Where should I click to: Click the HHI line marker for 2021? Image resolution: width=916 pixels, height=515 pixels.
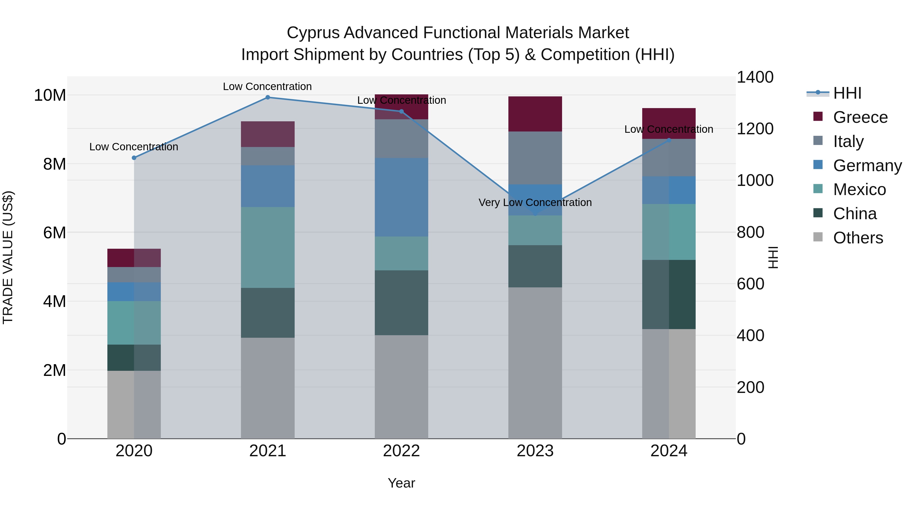pyautogui.click(x=268, y=97)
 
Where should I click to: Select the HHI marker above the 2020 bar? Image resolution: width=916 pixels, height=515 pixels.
pyautogui.click(x=134, y=158)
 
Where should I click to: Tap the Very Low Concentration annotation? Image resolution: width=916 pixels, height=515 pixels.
pyautogui.click(x=535, y=203)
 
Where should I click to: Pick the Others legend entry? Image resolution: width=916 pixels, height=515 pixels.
pyautogui.click(x=858, y=238)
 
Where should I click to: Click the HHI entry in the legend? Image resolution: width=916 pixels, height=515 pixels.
pyautogui.click(x=847, y=93)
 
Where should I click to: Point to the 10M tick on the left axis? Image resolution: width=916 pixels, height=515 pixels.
pyautogui.click(x=50, y=95)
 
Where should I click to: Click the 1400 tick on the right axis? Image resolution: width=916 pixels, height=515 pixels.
pyautogui.click(x=755, y=77)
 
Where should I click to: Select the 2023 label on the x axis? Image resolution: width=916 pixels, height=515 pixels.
pyautogui.click(x=535, y=451)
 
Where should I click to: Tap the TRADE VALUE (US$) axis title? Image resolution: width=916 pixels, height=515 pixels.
pyautogui.click(x=8, y=257)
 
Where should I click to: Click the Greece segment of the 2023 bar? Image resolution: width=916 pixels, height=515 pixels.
pyautogui.click(x=535, y=114)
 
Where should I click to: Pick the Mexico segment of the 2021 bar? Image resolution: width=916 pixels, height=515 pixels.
pyautogui.click(x=268, y=247)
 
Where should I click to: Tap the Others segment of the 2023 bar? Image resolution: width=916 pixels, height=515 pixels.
pyautogui.click(x=535, y=362)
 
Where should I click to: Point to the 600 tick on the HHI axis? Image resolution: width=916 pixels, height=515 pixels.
pyautogui.click(x=750, y=284)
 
